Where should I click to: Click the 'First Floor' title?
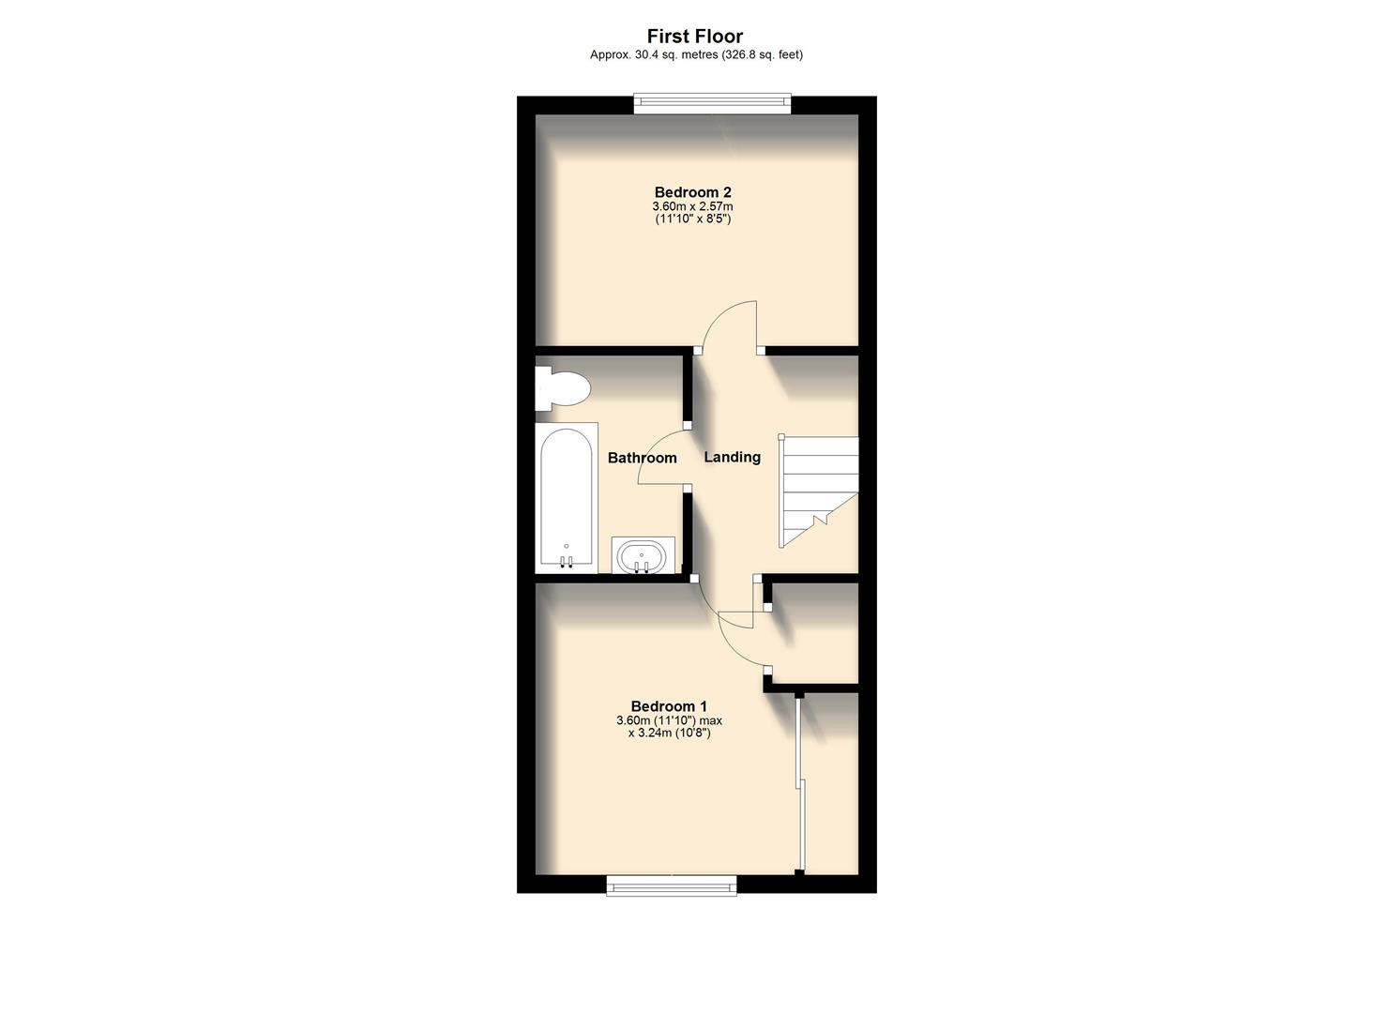tap(695, 37)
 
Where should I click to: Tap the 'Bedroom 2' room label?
tap(692, 192)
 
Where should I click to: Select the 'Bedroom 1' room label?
tap(669, 706)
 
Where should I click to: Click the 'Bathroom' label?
tap(642, 458)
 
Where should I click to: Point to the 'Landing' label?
tap(732, 457)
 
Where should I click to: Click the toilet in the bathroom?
tap(562, 388)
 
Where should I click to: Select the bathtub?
tap(566, 497)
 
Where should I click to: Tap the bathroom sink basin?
tap(642, 556)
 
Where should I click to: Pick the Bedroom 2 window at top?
tap(712, 104)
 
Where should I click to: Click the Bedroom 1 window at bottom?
tap(671, 884)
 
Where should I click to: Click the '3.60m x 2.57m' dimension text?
tap(692, 206)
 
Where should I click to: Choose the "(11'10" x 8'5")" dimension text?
tap(692, 219)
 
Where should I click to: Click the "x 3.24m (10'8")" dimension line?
tap(669, 733)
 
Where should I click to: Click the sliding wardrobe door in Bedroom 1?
tap(798, 783)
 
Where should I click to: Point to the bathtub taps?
tap(566, 562)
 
